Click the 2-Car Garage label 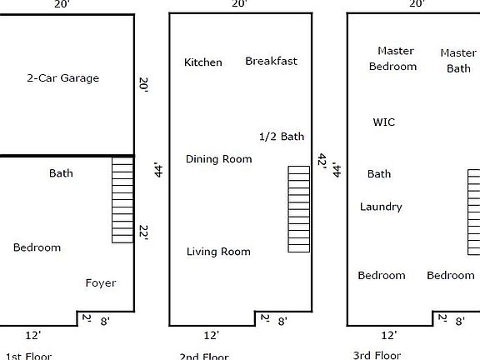[x=62, y=78]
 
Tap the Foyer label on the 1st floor [x=101, y=283]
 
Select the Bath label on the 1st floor [x=61, y=173]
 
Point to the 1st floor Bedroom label [x=37, y=247]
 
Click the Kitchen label [x=203, y=62]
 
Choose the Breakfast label [x=271, y=61]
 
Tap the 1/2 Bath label [x=282, y=137]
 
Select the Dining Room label [x=218, y=159]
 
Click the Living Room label [x=218, y=252]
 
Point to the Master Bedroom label [x=393, y=58]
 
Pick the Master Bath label [x=458, y=61]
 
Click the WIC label [x=384, y=122]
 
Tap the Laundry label [x=381, y=207]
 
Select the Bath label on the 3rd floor [x=379, y=174]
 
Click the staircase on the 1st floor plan [x=123, y=201]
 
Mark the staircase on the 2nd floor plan [x=299, y=209]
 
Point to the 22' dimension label [x=143, y=233]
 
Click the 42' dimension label [x=321, y=160]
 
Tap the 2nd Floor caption [x=204, y=357]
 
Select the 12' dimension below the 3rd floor [x=388, y=335]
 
